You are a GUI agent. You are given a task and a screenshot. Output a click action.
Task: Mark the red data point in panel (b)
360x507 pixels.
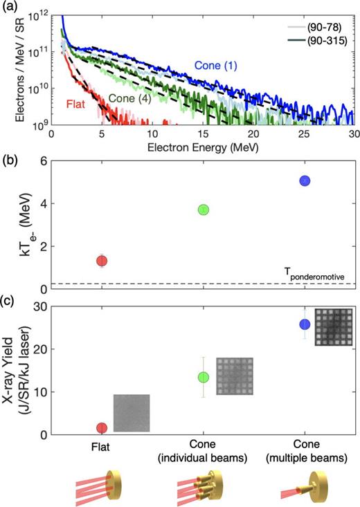coord(102,261)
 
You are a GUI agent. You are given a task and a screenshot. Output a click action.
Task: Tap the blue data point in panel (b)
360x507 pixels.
coord(305,181)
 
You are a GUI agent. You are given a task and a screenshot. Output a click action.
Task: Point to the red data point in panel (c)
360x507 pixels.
coord(102,428)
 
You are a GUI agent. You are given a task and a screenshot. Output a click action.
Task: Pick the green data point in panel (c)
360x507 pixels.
coord(203,377)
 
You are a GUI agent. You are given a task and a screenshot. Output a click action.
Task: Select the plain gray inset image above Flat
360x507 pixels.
coord(132,412)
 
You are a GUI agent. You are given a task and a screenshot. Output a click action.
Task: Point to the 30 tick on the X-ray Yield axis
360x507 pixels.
coord(62,306)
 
